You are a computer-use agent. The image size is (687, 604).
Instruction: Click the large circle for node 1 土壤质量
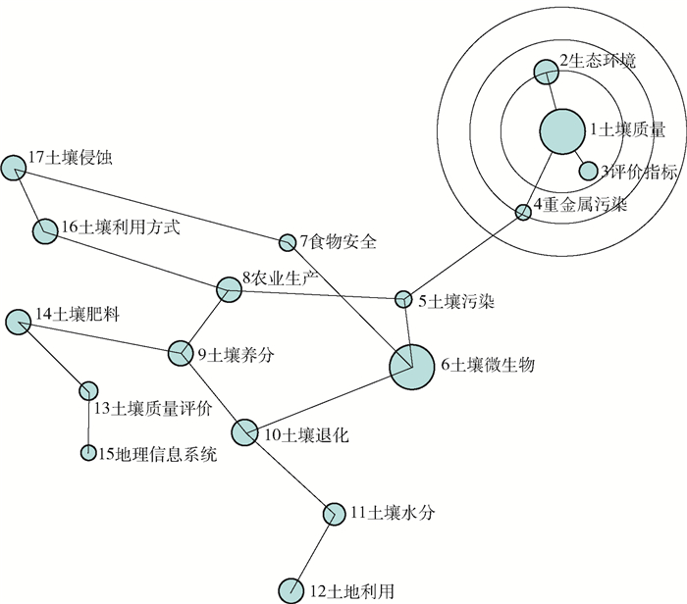click(x=561, y=131)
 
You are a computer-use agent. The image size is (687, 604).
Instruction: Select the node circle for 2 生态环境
click(x=546, y=71)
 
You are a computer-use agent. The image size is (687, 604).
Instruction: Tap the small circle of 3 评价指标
click(x=588, y=172)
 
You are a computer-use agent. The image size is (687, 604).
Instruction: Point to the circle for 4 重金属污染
click(x=523, y=212)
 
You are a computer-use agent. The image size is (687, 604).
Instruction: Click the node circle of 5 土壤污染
click(x=403, y=298)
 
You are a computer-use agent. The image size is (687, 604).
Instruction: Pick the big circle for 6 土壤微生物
click(x=412, y=366)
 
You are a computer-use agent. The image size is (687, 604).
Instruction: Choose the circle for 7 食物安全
click(x=288, y=242)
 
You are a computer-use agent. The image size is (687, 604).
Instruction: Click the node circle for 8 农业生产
click(x=229, y=288)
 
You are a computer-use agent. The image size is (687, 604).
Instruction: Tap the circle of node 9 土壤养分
click(x=180, y=353)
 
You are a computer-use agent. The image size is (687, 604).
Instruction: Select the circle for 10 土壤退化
click(x=245, y=431)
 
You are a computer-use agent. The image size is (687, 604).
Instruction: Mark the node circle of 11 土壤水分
click(x=334, y=513)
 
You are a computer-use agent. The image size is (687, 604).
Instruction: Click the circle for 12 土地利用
click(x=291, y=590)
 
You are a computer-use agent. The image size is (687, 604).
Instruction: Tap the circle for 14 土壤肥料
click(x=18, y=321)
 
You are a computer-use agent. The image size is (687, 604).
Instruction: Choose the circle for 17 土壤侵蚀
click(x=13, y=167)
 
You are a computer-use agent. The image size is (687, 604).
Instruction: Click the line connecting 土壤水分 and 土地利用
click(x=313, y=551)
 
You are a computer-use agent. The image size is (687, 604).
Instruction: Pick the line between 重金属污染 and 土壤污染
click(x=463, y=255)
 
